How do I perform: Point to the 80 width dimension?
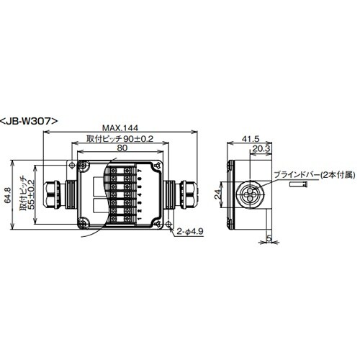click(120, 148)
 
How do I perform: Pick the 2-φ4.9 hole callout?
click(189, 232)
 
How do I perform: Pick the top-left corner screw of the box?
click(83, 166)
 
